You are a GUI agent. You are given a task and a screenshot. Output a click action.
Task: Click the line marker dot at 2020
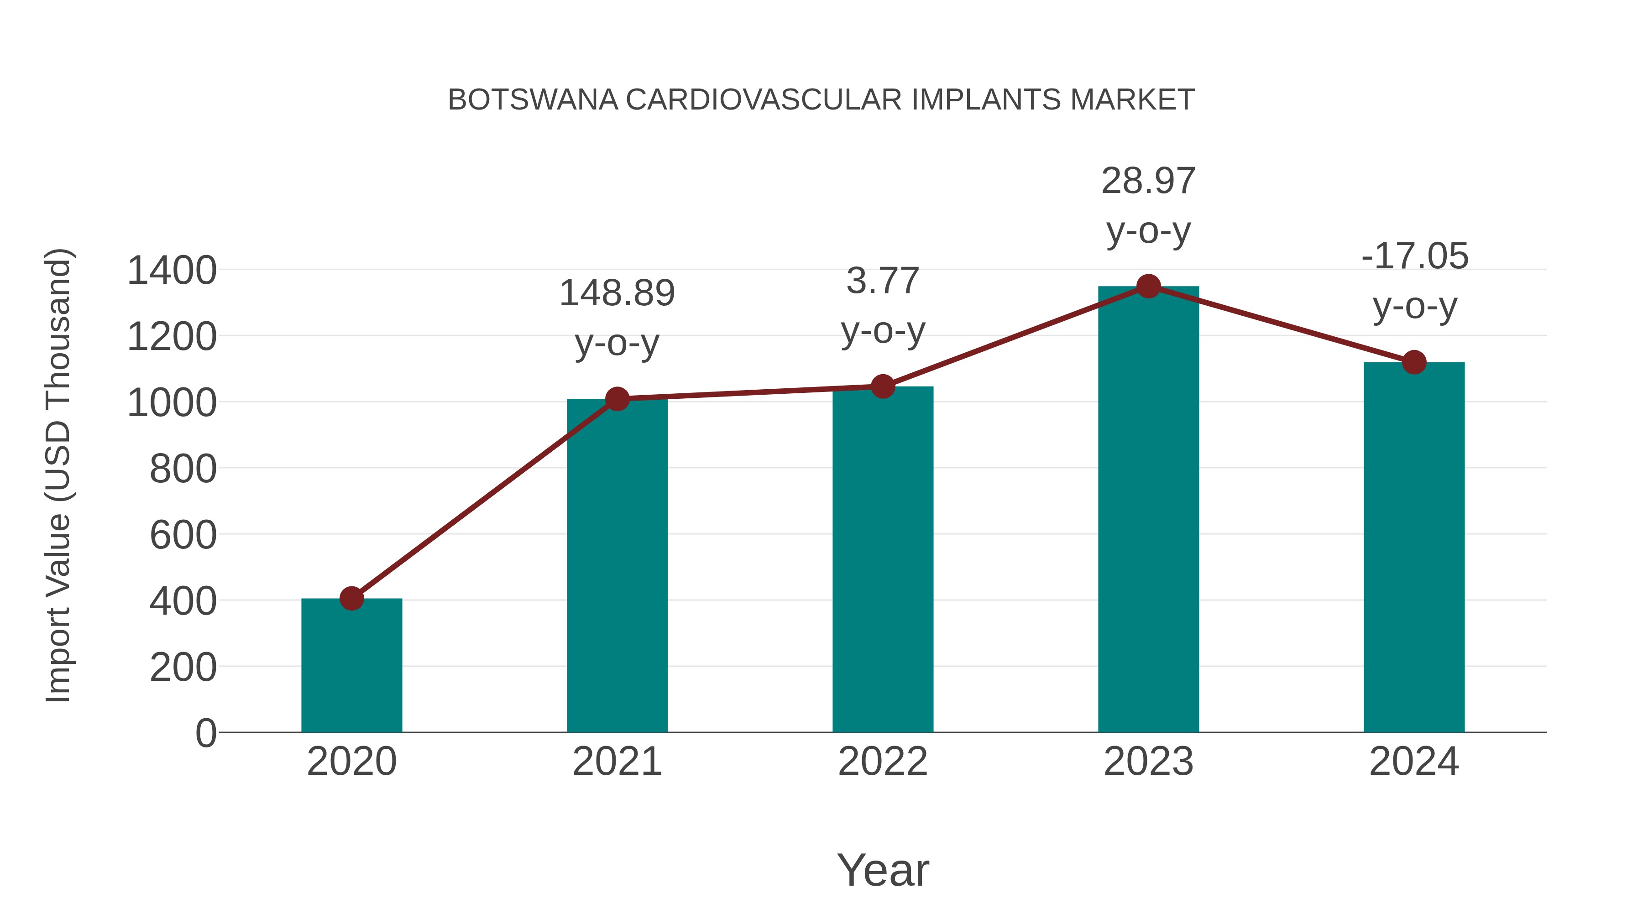[x=351, y=598]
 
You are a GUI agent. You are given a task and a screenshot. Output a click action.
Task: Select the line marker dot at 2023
[x=1148, y=286]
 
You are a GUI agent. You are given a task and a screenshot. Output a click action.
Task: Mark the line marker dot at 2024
[x=1414, y=362]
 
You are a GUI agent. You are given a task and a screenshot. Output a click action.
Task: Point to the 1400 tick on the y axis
[x=172, y=271]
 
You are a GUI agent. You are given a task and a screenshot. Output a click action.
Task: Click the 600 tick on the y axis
[x=183, y=534]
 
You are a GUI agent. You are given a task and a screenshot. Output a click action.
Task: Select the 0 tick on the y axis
[x=205, y=733]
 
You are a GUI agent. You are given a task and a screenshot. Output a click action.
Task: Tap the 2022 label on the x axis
[x=883, y=762]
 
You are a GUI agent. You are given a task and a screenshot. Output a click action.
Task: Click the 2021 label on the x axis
[x=617, y=762]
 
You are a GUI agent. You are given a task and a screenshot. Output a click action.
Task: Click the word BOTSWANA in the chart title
[x=533, y=100]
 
